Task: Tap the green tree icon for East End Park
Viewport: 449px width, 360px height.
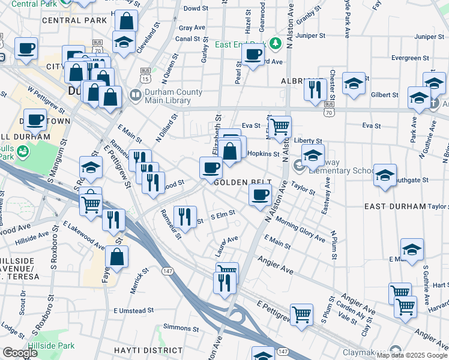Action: [x=276, y=43]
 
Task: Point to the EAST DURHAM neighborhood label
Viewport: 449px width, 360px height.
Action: [x=394, y=206]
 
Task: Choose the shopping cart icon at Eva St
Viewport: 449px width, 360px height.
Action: [x=279, y=127]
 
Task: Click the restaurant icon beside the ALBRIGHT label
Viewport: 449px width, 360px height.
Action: [x=314, y=89]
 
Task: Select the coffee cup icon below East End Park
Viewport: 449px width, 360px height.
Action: [x=253, y=55]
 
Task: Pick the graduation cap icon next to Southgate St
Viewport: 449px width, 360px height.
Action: [x=385, y=175]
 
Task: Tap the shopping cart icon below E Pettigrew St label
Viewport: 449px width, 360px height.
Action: [x=301, y=313]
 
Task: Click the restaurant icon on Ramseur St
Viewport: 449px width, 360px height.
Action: [x=185, y=216]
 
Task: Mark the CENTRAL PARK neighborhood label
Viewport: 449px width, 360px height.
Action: [x=67, y=20]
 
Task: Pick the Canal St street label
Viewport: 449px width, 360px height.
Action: [x=188, y=39]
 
